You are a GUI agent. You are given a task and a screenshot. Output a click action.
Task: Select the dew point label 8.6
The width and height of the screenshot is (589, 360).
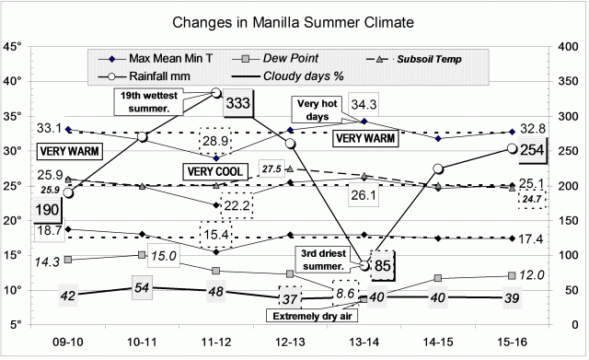pos(344,293)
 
